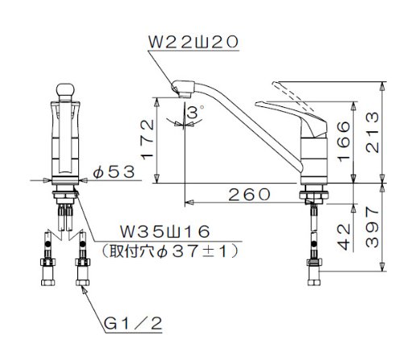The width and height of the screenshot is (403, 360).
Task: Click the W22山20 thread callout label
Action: point(193,42)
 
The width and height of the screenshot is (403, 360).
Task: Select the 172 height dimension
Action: point(147,139)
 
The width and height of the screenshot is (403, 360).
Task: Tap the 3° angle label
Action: point(195,112)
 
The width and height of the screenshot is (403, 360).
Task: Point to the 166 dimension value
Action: point(344,142)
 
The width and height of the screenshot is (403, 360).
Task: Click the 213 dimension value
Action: point(372,132)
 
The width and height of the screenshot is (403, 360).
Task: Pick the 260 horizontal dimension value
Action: point(249,194)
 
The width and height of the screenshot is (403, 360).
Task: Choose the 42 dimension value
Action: point(344,237)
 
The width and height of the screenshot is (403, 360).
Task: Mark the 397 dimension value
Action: point(372,227)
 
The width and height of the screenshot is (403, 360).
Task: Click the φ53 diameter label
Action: point(114,172)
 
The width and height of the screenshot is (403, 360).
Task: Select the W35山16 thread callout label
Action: point(164,232)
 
